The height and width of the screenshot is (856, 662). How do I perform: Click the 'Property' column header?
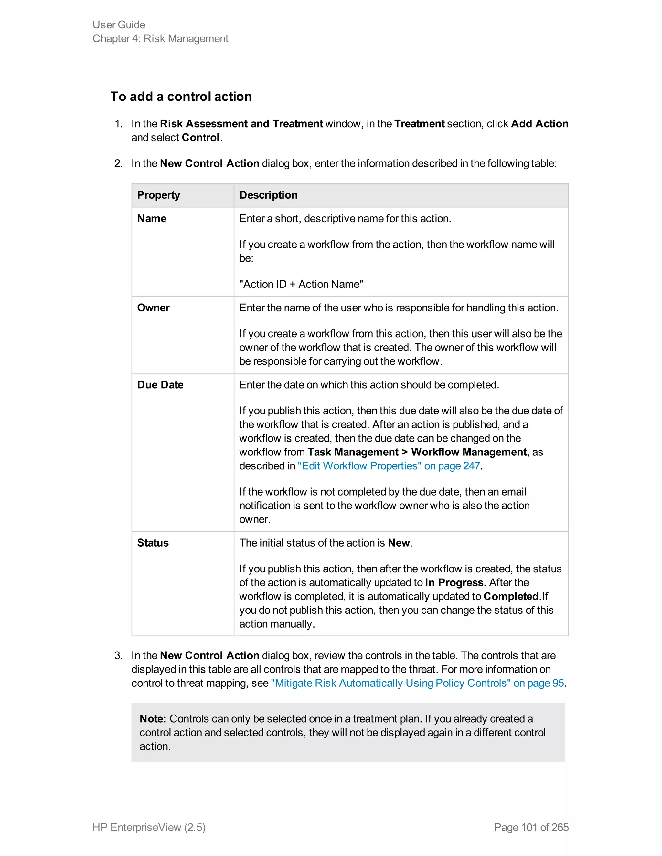pos(158,195)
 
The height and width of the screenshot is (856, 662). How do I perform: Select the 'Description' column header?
pos(268,195)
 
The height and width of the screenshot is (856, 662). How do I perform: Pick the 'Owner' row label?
pos(153,308)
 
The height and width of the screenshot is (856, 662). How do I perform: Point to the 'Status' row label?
pos(153,543)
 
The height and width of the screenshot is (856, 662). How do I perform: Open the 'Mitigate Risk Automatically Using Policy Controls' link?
pos(417,683)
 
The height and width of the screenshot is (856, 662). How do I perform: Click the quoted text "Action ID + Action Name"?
pos(301,284)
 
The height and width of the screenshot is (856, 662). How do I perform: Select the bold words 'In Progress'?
pos(454,582)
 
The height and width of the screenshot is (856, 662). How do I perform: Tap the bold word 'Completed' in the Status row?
pos(511,596)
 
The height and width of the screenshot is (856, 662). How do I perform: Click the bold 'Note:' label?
pos(153,718)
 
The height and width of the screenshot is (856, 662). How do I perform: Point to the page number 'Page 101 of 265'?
pos(531,827)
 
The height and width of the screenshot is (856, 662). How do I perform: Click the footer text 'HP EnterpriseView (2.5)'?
pos(149,827)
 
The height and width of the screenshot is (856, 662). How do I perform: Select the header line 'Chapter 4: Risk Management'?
pos(160,38)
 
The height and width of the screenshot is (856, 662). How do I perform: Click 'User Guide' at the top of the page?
pos(119,25)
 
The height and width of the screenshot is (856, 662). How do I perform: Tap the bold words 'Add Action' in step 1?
pos(539,123)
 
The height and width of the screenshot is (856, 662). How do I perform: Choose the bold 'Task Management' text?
pos(353,452)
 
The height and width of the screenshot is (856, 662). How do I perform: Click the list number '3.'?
pos(118,655)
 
